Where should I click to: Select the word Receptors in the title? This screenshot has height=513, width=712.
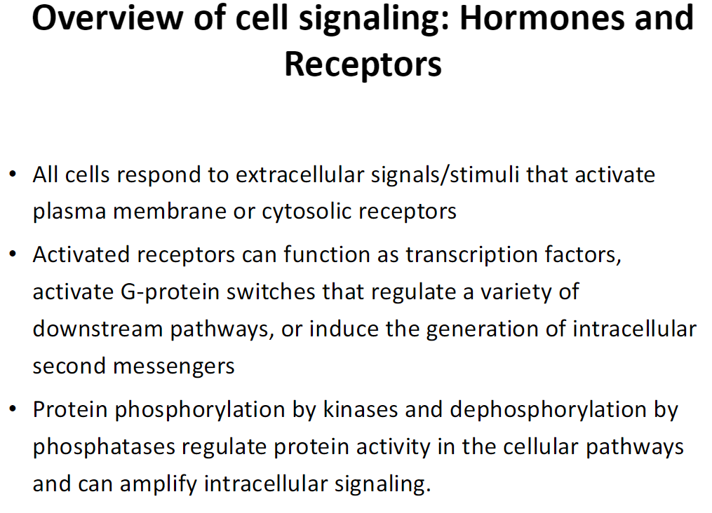click(363, 64)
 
